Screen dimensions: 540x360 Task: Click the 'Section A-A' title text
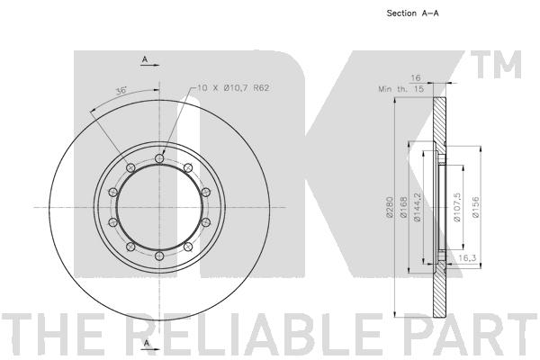point(412,13)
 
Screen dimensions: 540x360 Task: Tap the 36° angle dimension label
point(121,91)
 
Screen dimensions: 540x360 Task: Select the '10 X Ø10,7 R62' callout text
point(233,88)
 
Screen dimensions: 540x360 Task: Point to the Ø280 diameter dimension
point(390,207)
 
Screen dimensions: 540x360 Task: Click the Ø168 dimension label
point(403,207)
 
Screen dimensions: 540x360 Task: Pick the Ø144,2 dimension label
point(418,207)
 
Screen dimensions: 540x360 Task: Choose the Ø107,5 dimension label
point(457,207)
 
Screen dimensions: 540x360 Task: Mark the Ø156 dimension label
point(475,207)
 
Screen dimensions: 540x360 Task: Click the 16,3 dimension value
point(467,257)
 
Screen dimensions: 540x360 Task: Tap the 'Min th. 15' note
point(400,89)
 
